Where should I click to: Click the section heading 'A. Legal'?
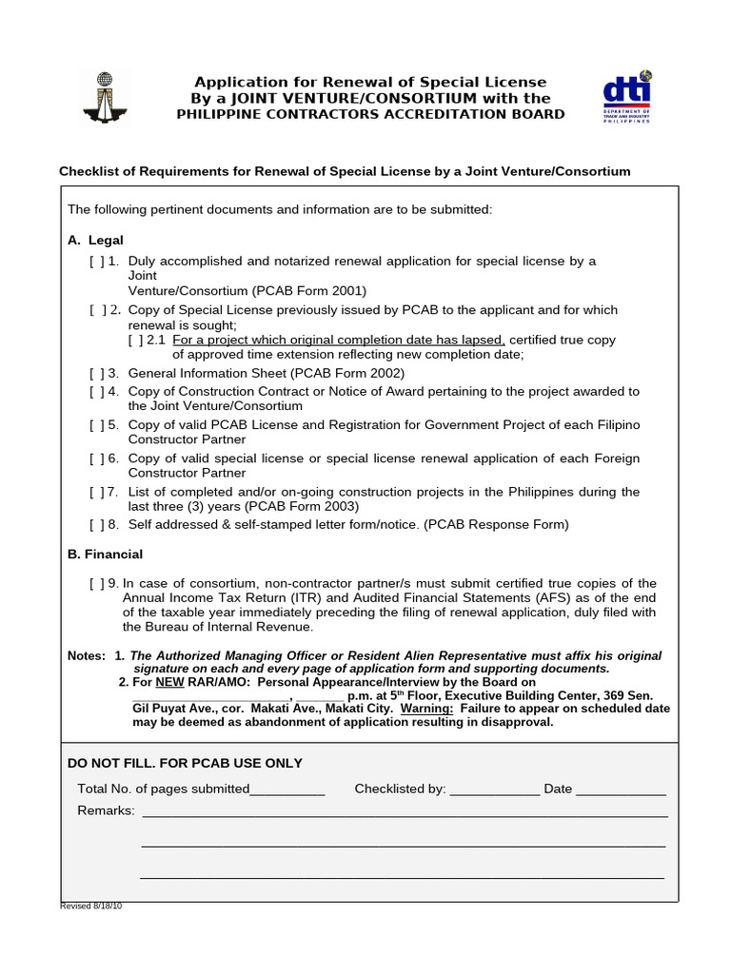95,241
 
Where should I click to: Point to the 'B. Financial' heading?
105,555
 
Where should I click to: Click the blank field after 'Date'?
621,789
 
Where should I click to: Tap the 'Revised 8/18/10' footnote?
91,906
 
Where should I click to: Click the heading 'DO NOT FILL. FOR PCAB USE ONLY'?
185,764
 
